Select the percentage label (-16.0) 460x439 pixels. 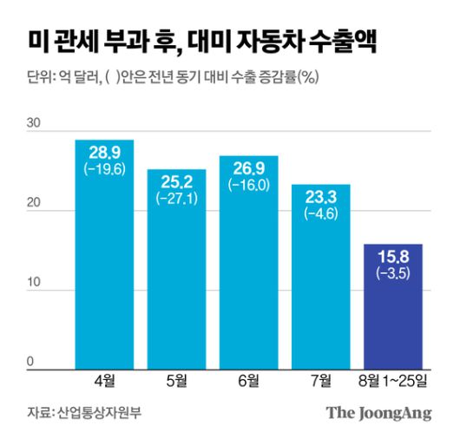click(x=248, y=185)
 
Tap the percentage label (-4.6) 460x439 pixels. click(x=320, y=213)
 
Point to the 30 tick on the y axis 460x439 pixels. click(x=33, y=124)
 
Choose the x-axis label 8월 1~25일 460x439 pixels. click(x=392, y=380)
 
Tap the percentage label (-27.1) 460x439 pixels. click(x=176, y=199)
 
